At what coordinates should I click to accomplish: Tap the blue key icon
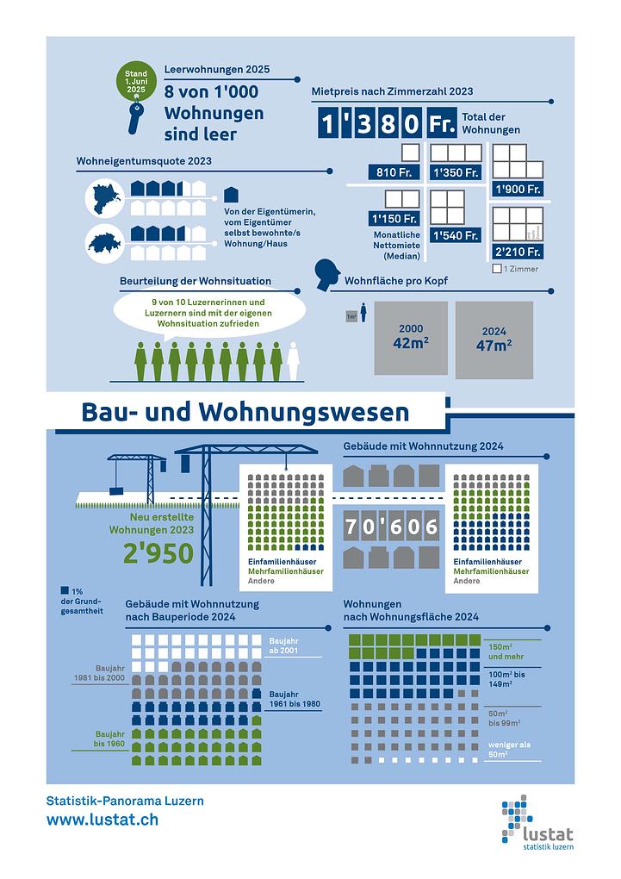[x=135, y=118]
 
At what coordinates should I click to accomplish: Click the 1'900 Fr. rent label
[x=518, y=189]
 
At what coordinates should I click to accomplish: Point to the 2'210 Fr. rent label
[x=518, y=252]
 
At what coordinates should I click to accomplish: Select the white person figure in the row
[x=293, y=361]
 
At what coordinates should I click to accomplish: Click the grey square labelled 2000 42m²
[x=411, y=338]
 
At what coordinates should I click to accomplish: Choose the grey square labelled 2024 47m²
[x=494, y=340]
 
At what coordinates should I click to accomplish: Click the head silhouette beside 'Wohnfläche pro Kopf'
[x=327, y=275]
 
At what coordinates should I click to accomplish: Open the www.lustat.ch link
[x=102, y=820]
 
